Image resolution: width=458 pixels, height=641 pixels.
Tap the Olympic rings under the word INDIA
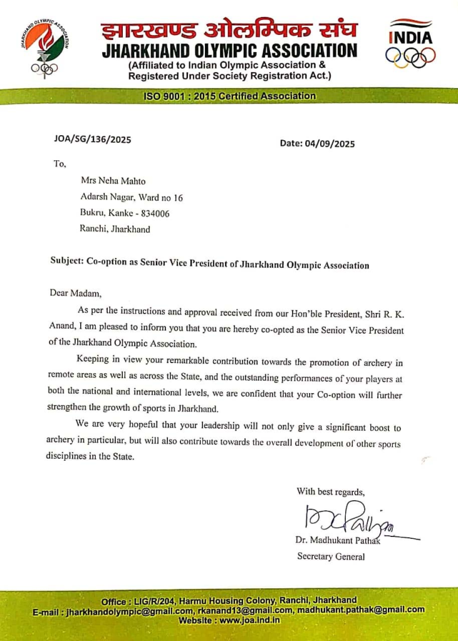410,58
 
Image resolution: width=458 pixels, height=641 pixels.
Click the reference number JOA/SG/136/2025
93,140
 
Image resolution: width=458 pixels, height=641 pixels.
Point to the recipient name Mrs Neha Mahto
113,181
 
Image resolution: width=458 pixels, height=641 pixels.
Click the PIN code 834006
153,213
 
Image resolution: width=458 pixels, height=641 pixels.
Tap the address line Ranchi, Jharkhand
115,229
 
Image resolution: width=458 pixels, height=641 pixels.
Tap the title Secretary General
331,556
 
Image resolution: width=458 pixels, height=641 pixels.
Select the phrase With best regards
330,491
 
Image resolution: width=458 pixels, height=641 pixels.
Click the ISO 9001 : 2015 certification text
229,96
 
